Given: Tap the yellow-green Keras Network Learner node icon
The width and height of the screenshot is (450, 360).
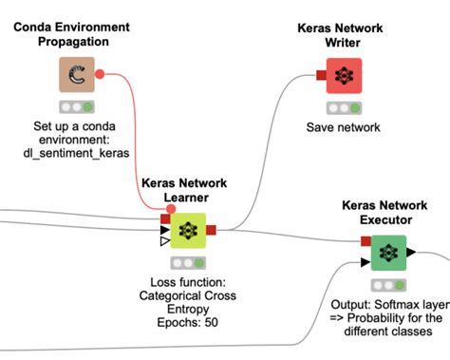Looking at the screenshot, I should pos(186,229).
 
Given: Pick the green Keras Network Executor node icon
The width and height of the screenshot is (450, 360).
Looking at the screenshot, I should pos(387,253).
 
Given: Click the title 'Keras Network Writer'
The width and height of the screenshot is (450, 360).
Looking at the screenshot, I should pos(343,35).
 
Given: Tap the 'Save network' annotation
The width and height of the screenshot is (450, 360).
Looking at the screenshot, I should pos(343,127).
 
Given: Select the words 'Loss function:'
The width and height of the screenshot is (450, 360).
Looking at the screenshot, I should pos(186,282).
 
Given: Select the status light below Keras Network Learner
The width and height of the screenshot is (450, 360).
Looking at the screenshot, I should pos(186,261).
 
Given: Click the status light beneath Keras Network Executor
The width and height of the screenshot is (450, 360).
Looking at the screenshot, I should pos(387,284).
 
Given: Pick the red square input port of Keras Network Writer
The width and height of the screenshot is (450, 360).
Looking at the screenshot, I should pos(320,75).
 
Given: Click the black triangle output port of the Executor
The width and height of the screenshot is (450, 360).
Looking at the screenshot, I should pos(411,252).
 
